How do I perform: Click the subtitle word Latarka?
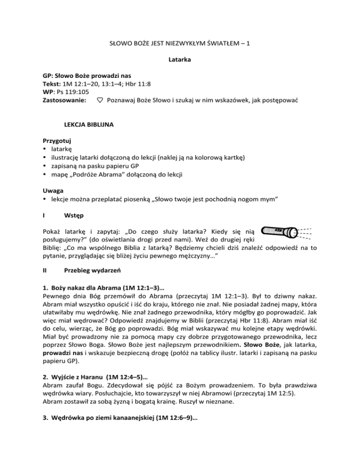point(180,61)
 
